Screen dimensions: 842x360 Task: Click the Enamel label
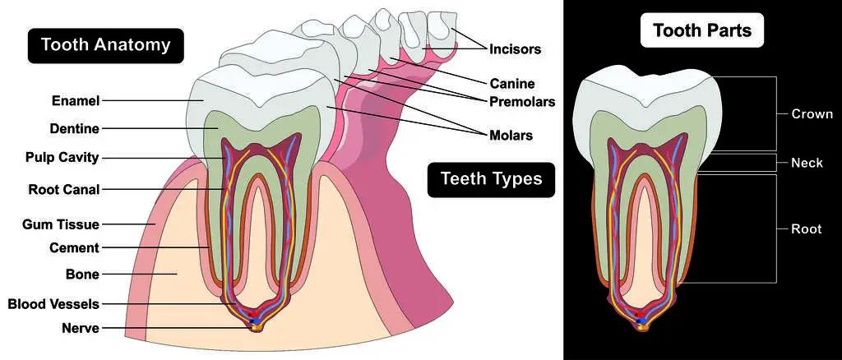coord(76,100)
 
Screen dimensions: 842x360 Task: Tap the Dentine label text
coord(75,129)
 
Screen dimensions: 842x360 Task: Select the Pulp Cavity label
coord(62,158)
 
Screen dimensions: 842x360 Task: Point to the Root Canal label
coord(64,189)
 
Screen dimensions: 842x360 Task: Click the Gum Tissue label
coord(61,224)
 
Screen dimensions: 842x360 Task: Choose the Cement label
coord(75,248)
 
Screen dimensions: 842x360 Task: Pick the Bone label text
coord(83,275)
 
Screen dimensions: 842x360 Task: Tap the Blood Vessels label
coord(53,304)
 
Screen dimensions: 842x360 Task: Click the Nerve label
coord(81,328)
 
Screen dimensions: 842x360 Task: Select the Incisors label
coord(515,49)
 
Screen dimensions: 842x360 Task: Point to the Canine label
coord(512,84)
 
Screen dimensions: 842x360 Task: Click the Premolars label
coord(522,101)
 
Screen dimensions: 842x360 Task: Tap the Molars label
coord(511,135)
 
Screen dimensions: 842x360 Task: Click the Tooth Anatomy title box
coord(106,45)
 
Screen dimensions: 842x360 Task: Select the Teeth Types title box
coord(492,180)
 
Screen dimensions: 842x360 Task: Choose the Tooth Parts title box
coord(702,30)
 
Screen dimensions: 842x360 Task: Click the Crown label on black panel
coord(812,113)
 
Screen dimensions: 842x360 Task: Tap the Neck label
coord(807,163)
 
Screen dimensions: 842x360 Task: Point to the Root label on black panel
coord(807,229)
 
